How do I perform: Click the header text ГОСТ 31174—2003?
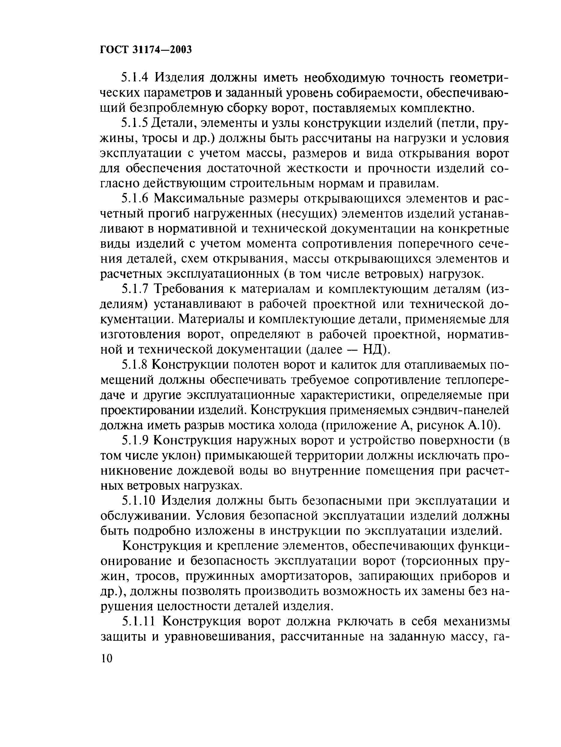146,50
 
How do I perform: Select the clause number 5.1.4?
135,78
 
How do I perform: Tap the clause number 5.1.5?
135,123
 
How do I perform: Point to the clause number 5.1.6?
135,199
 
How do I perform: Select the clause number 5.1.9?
135,440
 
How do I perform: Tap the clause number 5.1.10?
138,501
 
